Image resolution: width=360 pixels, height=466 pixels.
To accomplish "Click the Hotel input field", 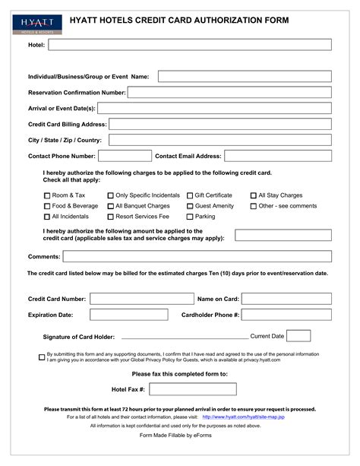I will click(x=190, y=45).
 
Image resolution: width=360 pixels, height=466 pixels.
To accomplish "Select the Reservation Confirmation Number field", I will click(x=229, y=92).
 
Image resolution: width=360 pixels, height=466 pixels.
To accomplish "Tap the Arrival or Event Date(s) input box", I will click(x=215, y=108).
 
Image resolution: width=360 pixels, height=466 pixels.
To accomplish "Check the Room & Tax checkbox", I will click(x=46, y=195).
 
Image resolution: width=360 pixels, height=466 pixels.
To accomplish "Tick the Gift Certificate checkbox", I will click(x=190, y=195).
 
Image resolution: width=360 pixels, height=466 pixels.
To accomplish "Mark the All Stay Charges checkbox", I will click(x=253, y=195).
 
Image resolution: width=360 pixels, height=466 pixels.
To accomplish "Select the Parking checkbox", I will click(x=190, y=217).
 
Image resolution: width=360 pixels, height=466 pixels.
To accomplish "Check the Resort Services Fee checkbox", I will click(x=110, y=217).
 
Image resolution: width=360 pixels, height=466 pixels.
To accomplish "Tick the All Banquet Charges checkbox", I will click(x=110, y=206).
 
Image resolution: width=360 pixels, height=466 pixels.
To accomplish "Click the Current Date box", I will click(x=298, y=335).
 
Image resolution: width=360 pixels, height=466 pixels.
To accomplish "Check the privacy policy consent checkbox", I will click(x=42, y=357).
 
